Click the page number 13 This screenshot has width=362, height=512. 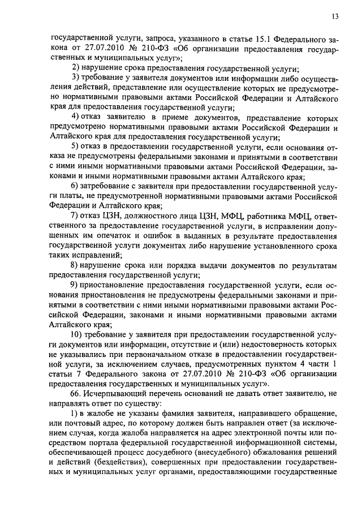(x=334, y=17)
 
